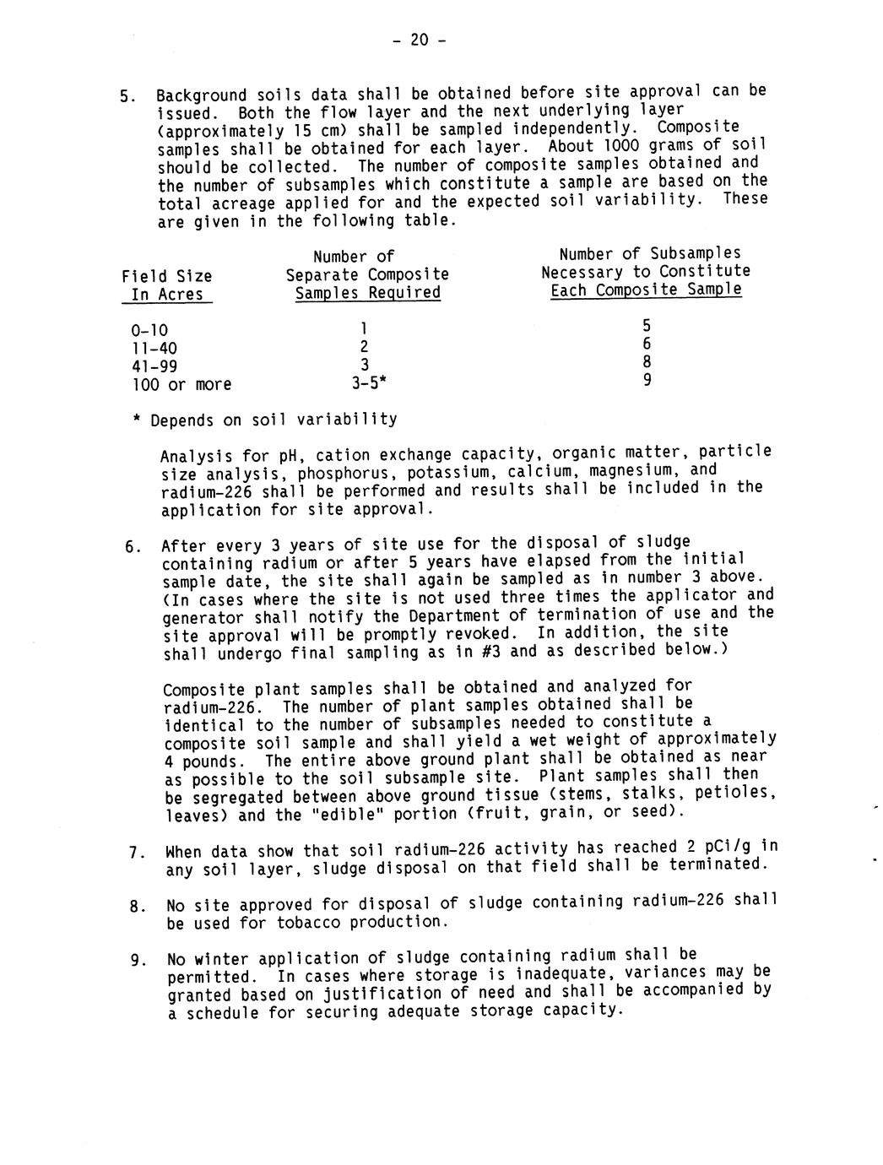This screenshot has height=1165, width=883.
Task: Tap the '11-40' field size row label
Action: pyautogui.click(x=154, y=349)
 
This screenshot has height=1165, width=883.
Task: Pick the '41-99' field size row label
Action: pyautogui.click(x=154, y=366)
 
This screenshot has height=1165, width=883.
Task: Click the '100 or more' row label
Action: pyautogui.click(x=181, y=385)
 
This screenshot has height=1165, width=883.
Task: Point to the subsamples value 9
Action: pyautogui.click(x=647, y=380)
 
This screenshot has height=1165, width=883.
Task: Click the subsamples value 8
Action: pyautogui.click(x=647, y=362)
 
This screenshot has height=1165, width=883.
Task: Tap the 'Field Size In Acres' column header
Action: pyautogui.click(x=166, y=285)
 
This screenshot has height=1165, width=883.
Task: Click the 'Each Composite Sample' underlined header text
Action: pyautogui.click(x=646, y=290)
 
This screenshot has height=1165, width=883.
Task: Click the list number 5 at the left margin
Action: pyautogui.click(x=127, y=96)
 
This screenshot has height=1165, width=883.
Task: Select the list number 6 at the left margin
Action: pyautogui.click(x=130, y=546)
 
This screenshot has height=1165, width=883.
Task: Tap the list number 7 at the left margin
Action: pyautogui.click(x=134, y=852)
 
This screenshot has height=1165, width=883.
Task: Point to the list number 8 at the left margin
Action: pyautogui.click(x=134, y=907)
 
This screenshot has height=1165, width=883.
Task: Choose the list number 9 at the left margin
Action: pyautogui.click(x=135, y=960)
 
